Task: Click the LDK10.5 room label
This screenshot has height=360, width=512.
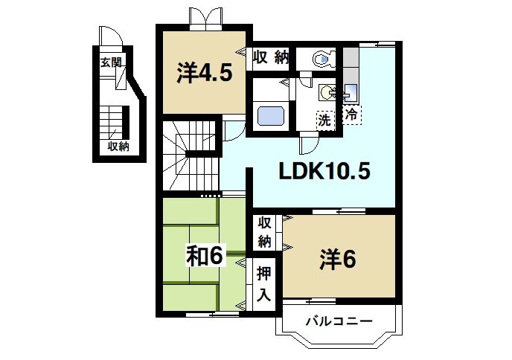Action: (x=324, y=172)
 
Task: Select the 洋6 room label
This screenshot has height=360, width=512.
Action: (x=337, y=260)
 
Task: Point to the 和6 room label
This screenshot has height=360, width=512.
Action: (x=204, y=256)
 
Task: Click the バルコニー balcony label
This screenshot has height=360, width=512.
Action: (x=339, y=322)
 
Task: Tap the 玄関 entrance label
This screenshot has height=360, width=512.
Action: (x=111, y=62)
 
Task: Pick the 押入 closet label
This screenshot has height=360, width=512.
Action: (x=263, y=283)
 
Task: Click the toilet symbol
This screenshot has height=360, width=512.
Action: (x=321, y=59)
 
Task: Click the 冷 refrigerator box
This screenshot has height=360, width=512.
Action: (x=352, y=115)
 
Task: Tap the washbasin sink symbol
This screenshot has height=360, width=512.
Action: (x=328, y=94)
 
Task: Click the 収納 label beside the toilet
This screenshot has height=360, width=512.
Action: (x=269, y=58)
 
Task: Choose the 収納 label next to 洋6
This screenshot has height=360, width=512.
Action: (x=265, y=232)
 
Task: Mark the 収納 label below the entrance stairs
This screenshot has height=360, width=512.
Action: (x=118, y=147)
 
